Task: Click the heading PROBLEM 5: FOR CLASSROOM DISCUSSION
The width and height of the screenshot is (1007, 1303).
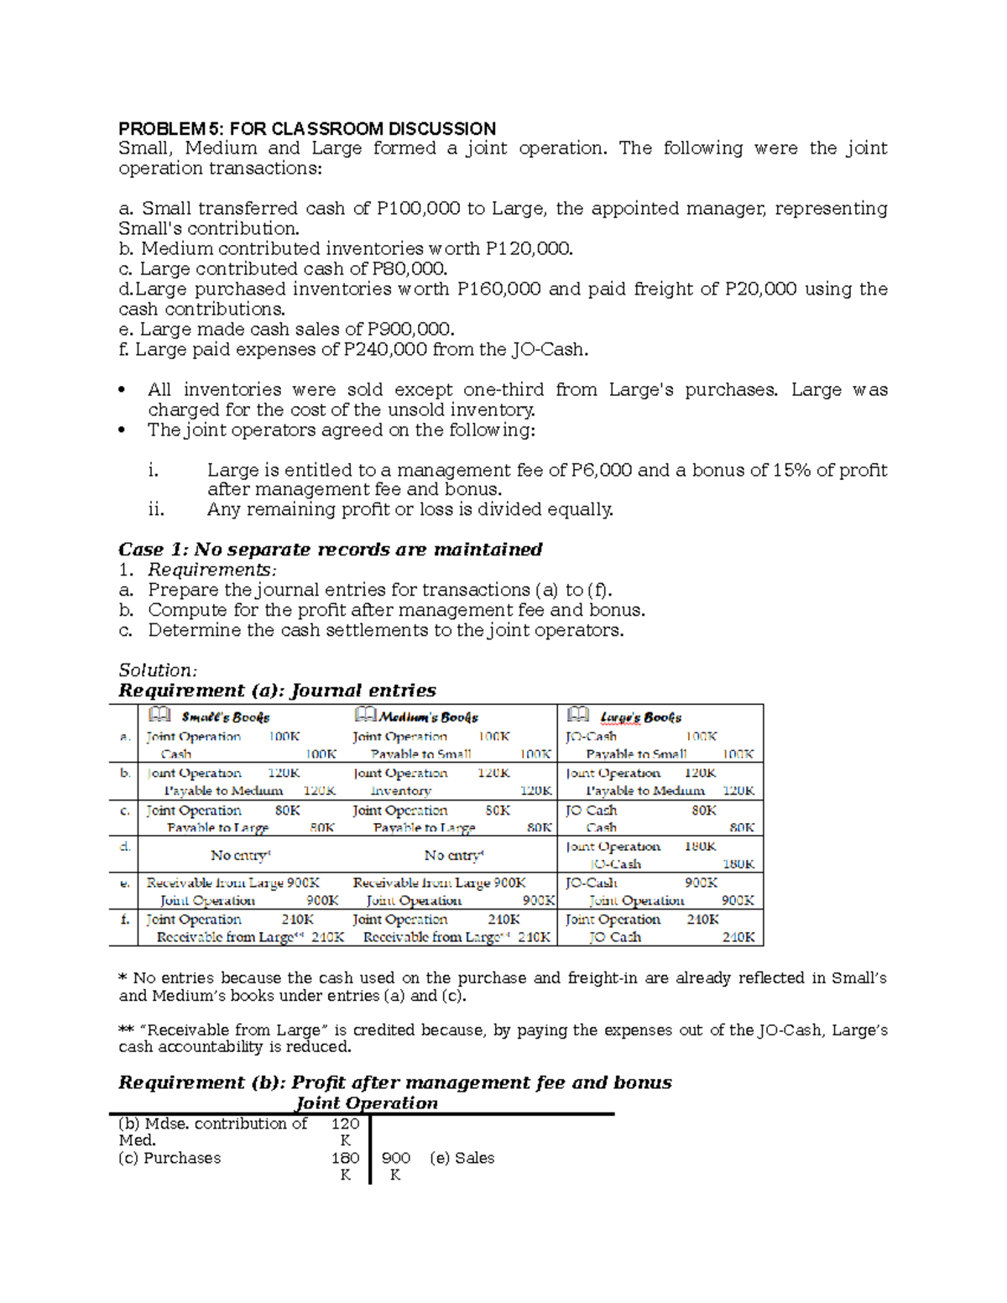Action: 307,128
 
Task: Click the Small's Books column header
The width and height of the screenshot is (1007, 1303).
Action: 225,717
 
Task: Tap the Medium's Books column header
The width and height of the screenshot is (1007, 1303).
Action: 428,717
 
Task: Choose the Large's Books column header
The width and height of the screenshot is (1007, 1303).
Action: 640,717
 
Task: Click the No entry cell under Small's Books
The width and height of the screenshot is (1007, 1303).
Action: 240,855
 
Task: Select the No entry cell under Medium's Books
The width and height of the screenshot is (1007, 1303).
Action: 454,855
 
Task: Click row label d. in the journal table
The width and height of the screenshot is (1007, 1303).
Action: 124,846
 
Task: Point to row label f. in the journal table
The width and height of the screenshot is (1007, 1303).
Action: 124,919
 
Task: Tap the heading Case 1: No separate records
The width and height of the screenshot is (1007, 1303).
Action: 330,550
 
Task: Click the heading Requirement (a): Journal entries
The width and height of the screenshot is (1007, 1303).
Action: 277,691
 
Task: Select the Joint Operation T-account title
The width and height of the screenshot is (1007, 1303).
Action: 367,1103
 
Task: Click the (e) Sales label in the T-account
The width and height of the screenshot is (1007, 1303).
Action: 462,1158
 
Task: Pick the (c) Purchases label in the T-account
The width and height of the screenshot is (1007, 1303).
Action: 170,1158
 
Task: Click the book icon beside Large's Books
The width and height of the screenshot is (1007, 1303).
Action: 578,715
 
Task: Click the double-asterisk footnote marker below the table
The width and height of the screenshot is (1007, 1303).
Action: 127,1029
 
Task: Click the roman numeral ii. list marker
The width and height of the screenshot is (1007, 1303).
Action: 155,509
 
